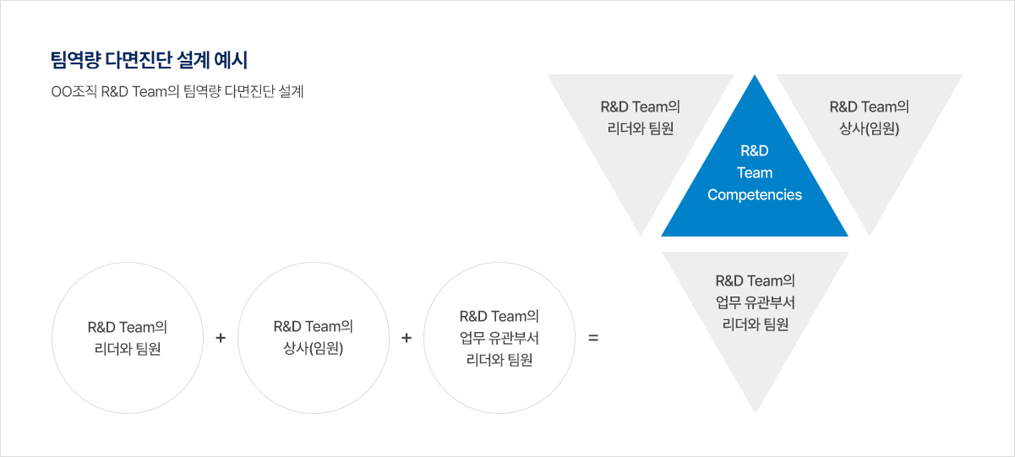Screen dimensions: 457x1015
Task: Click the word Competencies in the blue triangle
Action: pyautogui.click(x=755, y=195)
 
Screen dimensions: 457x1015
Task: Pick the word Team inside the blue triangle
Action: pyautogui.click(x=755, y=173)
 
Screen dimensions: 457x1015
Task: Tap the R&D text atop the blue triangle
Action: pyautogui.click(x=755, y=151)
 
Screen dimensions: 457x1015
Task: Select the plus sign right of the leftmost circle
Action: pyautogui.click(x=221, y=338)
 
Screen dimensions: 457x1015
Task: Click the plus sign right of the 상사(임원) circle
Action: pyautogui.click(x=407, y=338)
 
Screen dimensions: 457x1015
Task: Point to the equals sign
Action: pyautogui.click(x=592, y=338)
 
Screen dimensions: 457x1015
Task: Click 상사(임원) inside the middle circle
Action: pyautogui.click(x=313, y=349)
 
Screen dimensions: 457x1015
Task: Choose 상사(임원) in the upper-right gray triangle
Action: pyautogui.click(x=869, y=129)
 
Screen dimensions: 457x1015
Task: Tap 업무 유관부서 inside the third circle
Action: pyautogui.click(x=499, y=338)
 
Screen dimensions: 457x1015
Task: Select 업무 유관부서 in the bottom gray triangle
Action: pyautogui.click(x=755, y=302)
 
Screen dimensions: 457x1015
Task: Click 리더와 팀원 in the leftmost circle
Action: pyautogui.click(x=127, y=349)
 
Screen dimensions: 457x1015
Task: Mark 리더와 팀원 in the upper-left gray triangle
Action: pyautogui.click(x=640, y=129)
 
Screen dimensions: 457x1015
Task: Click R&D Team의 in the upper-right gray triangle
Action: pyautogui.click(x=869, y=107)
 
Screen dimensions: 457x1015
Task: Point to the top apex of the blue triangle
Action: pyautogui.click(x=755, y=77)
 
